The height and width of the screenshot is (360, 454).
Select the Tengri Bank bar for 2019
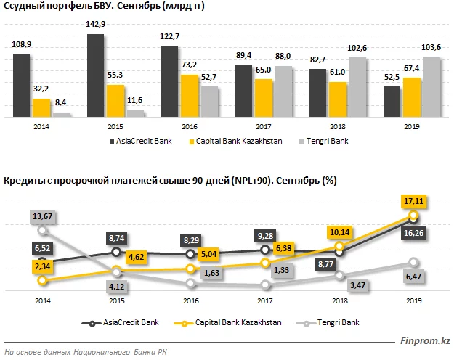coord(431,86)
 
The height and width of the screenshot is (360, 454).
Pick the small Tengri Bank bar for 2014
coord(62,115)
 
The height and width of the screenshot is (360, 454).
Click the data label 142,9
coord(96,24)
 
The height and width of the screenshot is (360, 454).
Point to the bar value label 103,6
coord(431,47)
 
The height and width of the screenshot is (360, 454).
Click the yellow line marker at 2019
coord(413,215)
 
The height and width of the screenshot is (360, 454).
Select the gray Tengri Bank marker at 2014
coord(42,230)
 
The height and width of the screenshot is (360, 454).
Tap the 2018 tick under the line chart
coord(339,300)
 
